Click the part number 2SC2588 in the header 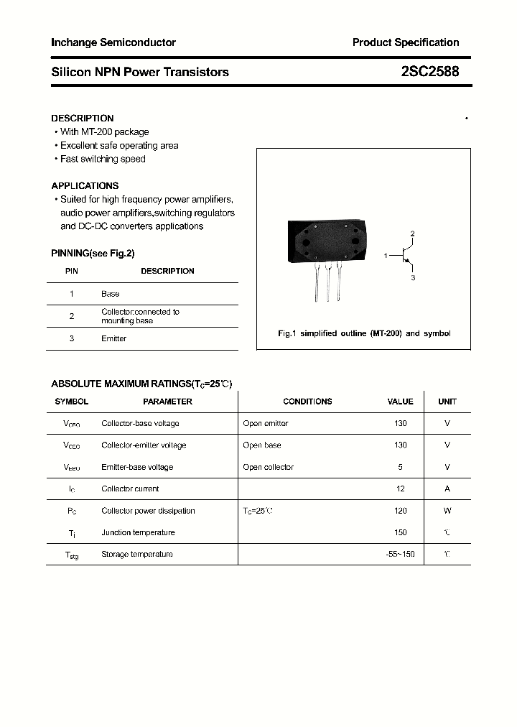[x=430, y=72]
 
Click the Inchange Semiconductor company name [x=113, y=42]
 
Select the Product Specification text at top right [x=406, y=42]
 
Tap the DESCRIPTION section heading [x=83, y=118]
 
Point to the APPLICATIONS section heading [x=85, y=185]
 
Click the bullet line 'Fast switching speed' [x=103, y=159]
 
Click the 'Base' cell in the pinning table [x=111, y=294]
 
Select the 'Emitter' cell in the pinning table [x=113, y=338]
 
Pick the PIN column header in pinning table [x=72, y=271]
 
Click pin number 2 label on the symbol [x=413, y=234]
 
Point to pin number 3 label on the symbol [x=413, y=277]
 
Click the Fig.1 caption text [x=364, y=333]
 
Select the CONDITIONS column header [x=307, y=402]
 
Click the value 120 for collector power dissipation [x=400, y=511]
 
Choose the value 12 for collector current [x=401, y=488]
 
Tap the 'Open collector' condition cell [x=269, y=467]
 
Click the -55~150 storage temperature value [x=400, y=554]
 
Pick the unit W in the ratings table [x=447, y=511]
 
